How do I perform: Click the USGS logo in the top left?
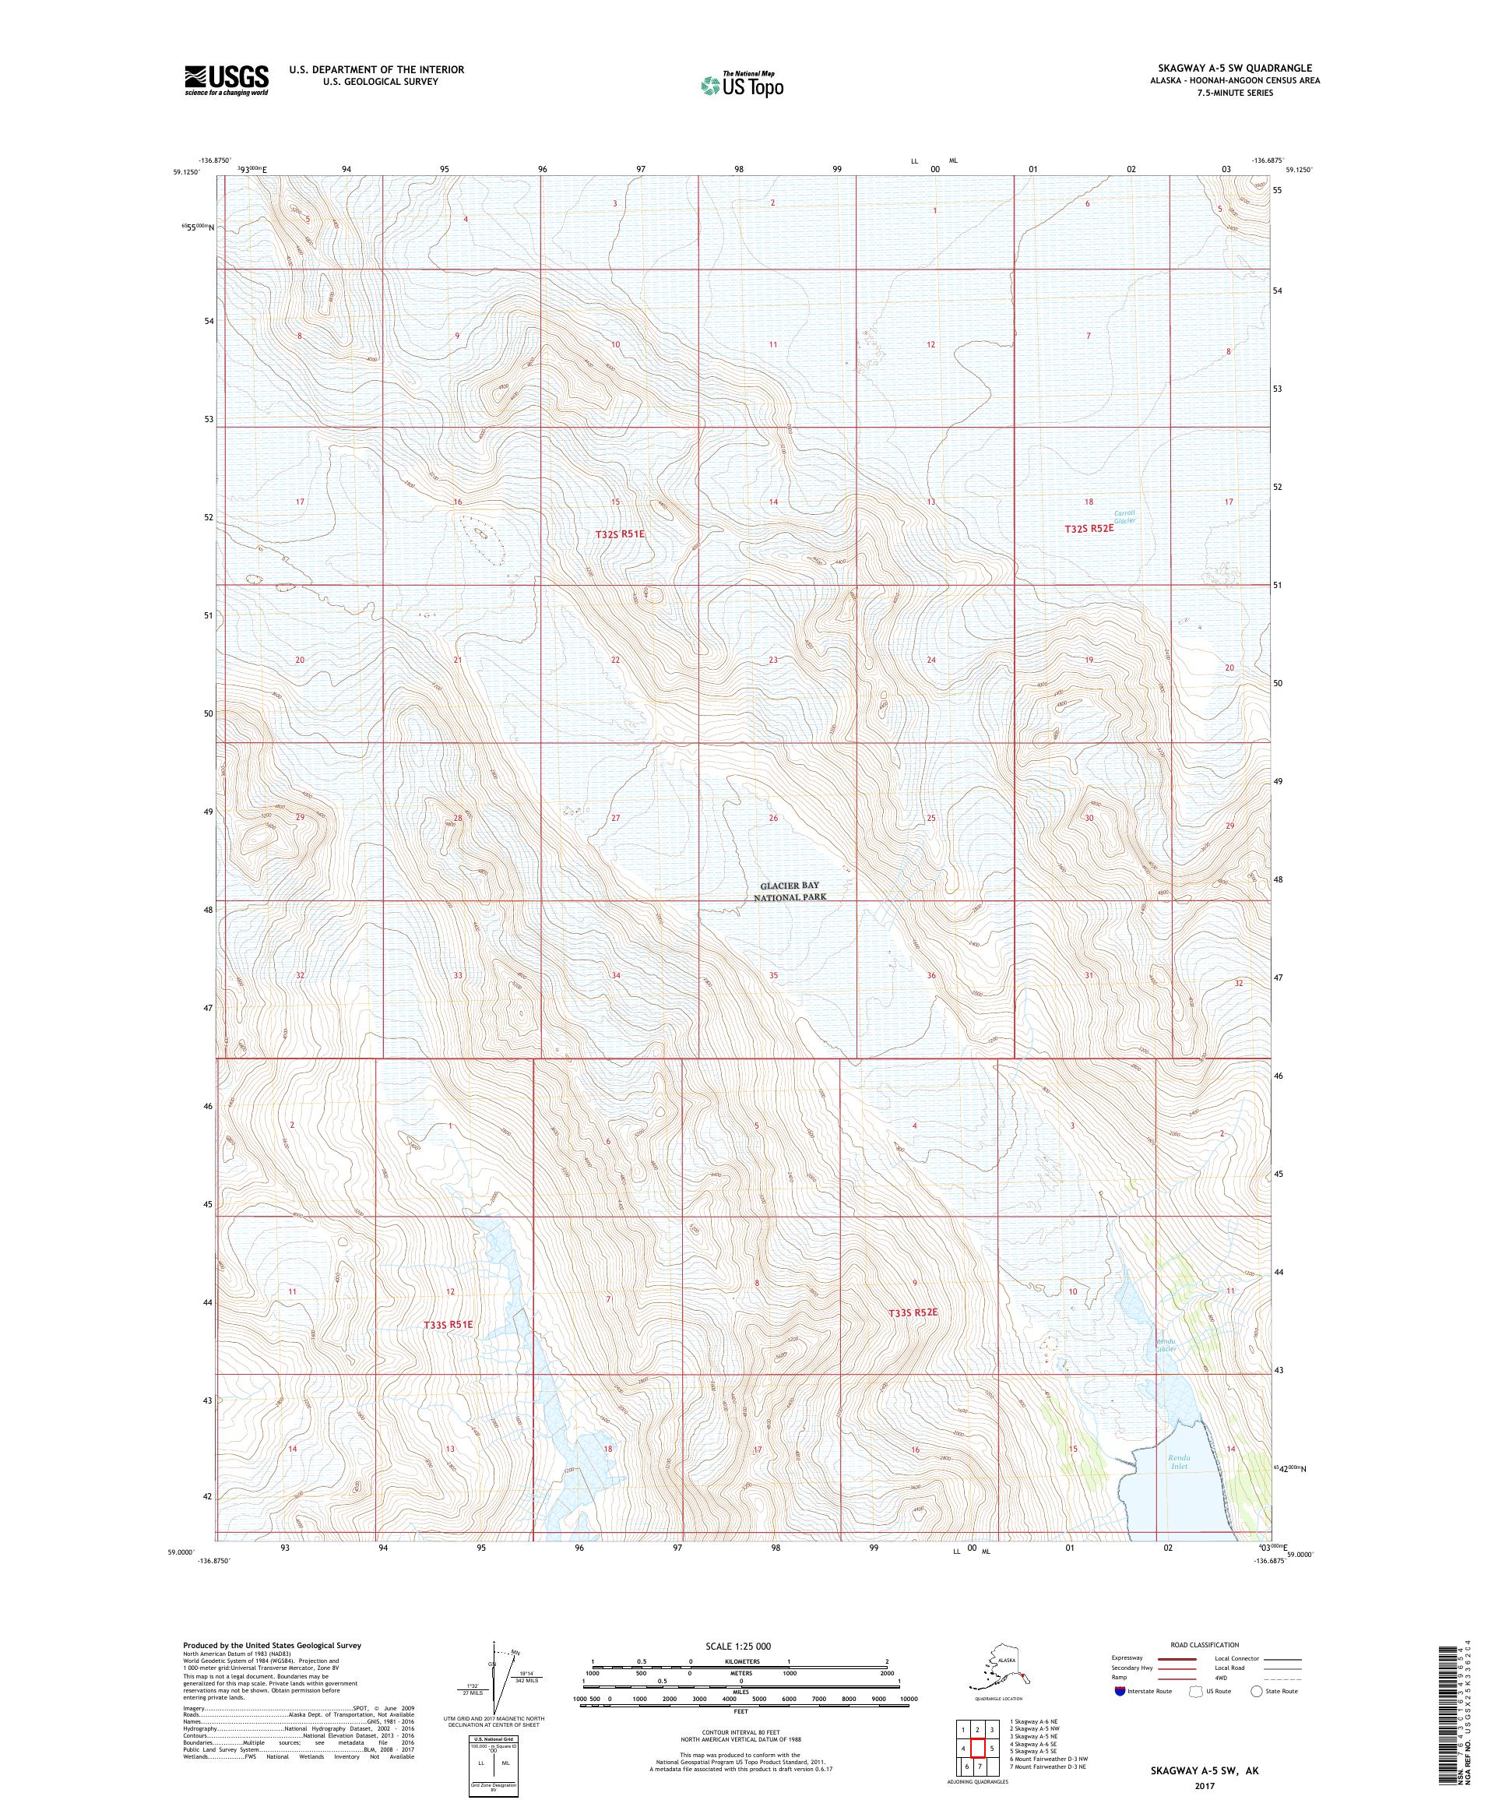point(225,81)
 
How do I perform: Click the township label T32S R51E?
point(619,534)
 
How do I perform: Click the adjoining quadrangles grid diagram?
point(976,1749)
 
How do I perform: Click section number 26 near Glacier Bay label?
point(773,818)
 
